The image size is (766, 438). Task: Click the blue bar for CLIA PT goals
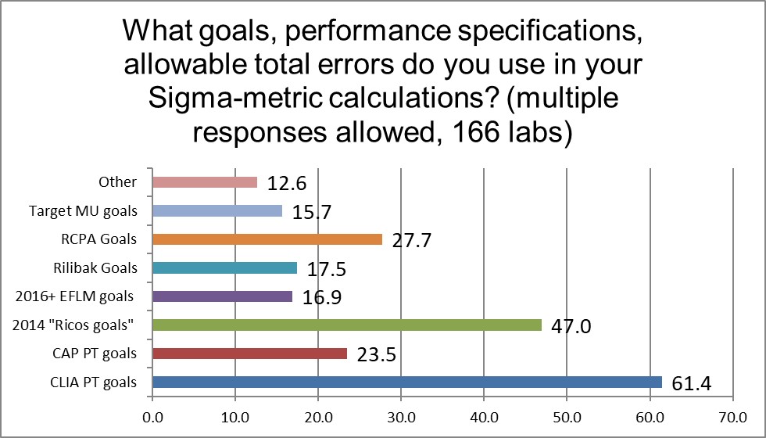click(x=406, y=382)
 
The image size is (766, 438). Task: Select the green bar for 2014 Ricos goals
click(x=347, y=325)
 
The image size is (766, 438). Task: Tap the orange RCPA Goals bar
click(x=267, y=239)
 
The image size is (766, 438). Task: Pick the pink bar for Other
click(x=205, y=182)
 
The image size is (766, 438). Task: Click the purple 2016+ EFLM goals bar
click(x=223, y=296)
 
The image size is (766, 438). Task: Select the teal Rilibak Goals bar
click(x=224, y=267)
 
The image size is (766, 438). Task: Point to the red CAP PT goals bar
click(x=249, y=354)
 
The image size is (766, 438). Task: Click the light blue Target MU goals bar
click(x=217, y=210)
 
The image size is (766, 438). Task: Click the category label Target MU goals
click(x=83, y=210)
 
